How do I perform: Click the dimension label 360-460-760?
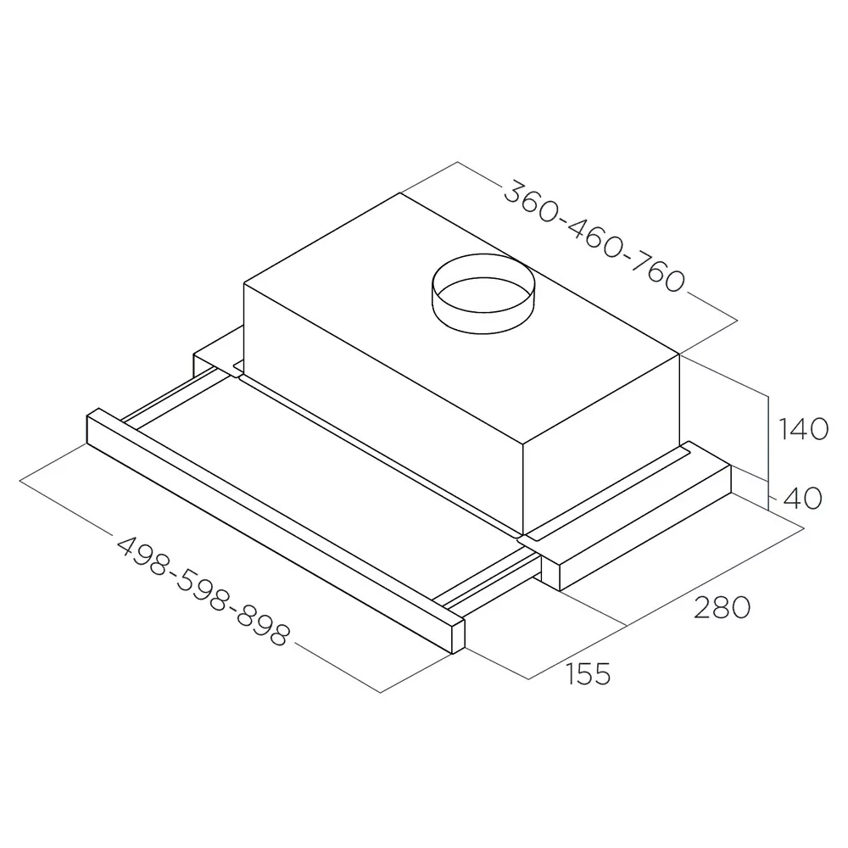click(594, 237)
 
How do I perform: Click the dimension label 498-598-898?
click(204, 591)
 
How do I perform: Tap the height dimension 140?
click(802, 429)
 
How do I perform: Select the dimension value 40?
click(803, 498)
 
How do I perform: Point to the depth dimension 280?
click(722, 607)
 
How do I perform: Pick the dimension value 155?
click(588, 674)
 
